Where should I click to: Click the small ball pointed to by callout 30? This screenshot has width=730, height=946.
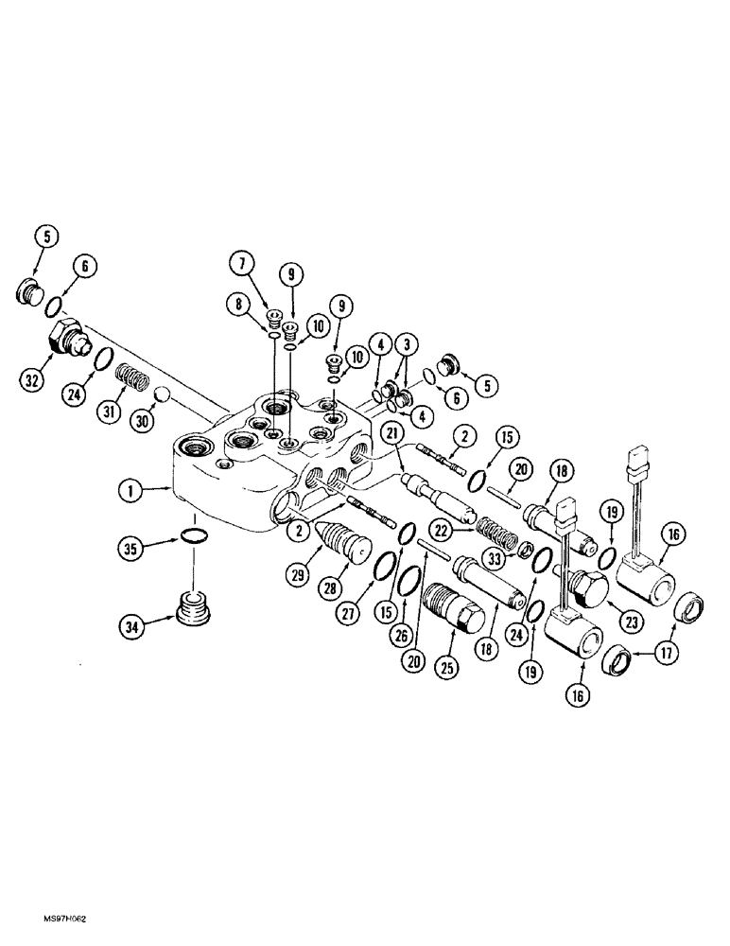click(x=162, y=393)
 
